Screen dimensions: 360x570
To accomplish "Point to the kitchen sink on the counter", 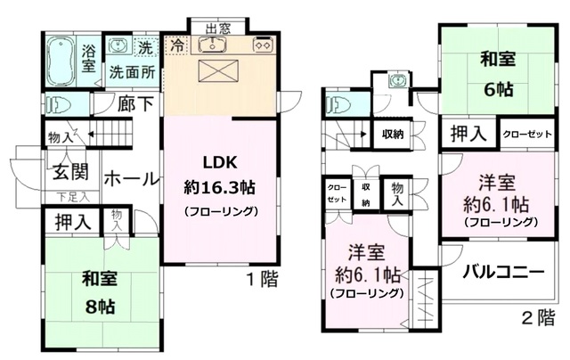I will tap(214, 45).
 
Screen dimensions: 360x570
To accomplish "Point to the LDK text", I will tap(221, 164).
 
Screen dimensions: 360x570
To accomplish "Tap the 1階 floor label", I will tap(262, 279).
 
